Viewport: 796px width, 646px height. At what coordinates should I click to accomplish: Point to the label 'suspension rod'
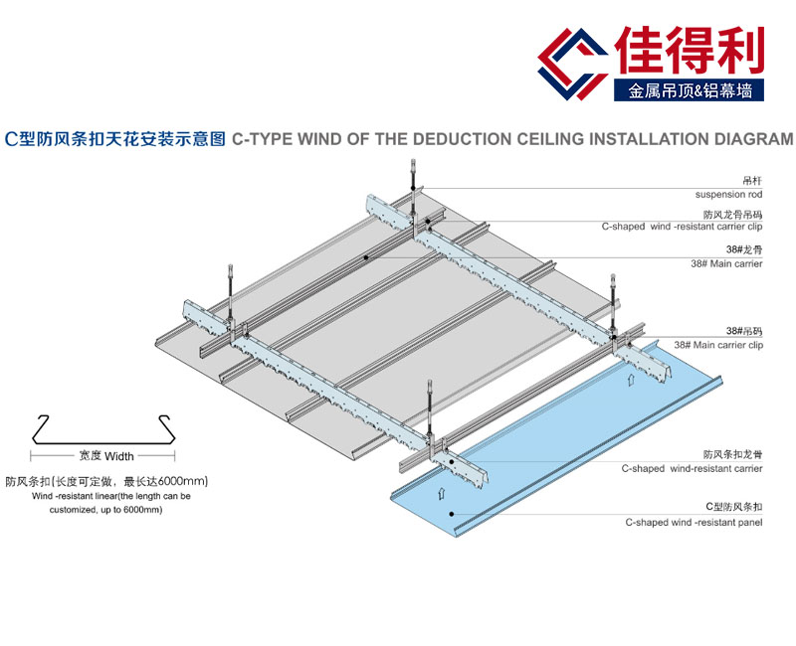tap(729, 194)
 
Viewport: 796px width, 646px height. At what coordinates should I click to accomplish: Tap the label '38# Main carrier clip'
tap(718, 344)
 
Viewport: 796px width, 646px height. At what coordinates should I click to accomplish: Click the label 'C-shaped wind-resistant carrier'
tap(693, 468)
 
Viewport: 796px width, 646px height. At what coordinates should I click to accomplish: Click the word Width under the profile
tap(119, 456)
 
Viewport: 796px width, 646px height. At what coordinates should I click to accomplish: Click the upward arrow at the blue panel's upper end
tap(629, 378)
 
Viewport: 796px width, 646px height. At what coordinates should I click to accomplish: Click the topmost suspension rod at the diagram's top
tap(410, 179)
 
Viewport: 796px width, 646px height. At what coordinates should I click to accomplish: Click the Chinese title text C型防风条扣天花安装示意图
tap(115, 139)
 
